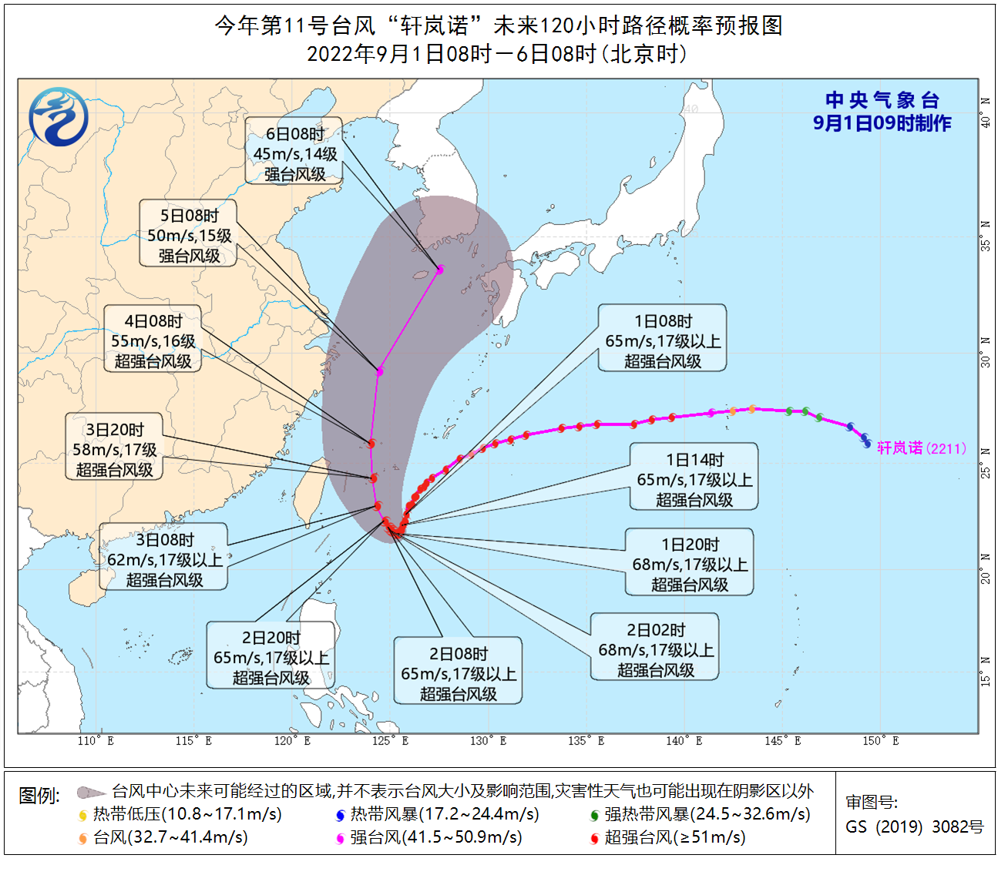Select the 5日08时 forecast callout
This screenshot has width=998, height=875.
click(x=189, y=236)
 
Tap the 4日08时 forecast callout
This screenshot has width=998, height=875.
click(x=153, y=340)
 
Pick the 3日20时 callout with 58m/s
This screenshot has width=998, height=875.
click(x=114, y=449)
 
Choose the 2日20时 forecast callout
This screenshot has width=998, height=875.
click(x=271, y=657)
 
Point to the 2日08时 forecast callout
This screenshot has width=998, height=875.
click(x=458, y=673)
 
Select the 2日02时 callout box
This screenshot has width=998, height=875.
click(x=655, y=649)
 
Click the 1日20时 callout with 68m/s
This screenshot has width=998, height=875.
click(x=689, y=564)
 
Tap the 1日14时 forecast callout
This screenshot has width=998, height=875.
click(x=694, y=479)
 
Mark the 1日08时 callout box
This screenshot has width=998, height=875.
click(x=663, y=340)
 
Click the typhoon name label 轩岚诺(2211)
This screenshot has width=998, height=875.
click(x=922, y=448)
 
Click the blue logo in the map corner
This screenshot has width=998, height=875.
click(x=59, y=117)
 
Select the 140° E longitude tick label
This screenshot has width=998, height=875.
click(x=684, y=741)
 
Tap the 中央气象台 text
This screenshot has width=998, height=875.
click(x=882, y=100)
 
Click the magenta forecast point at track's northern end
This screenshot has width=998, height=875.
click(x=440, y=270)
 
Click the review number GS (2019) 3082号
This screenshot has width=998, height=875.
click(x=915, y=826)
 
